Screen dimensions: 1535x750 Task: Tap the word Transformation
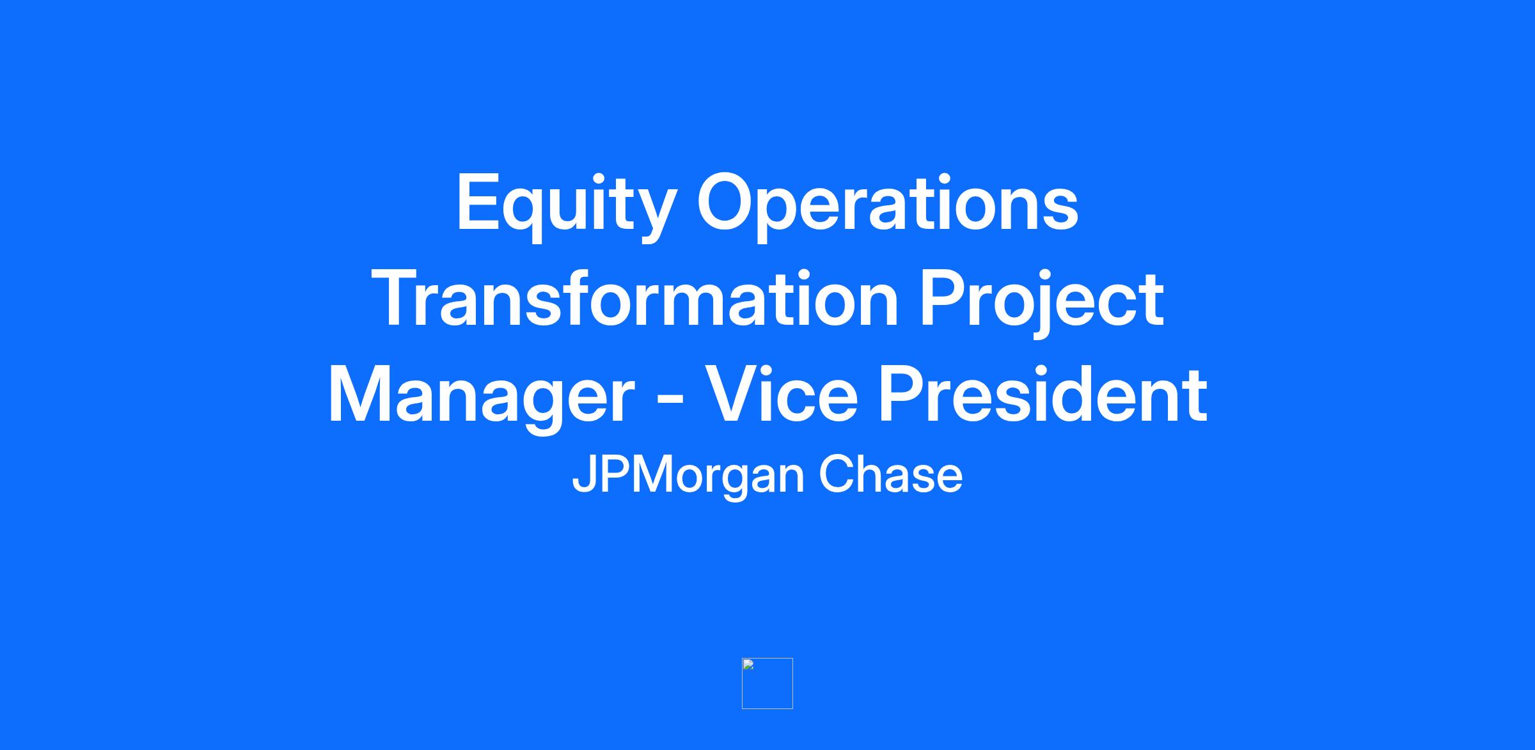(635, 299)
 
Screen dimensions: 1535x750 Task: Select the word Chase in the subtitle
(890, 474)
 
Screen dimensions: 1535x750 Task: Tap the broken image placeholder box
(767, 684)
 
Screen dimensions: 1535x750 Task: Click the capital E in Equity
(477, 202)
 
